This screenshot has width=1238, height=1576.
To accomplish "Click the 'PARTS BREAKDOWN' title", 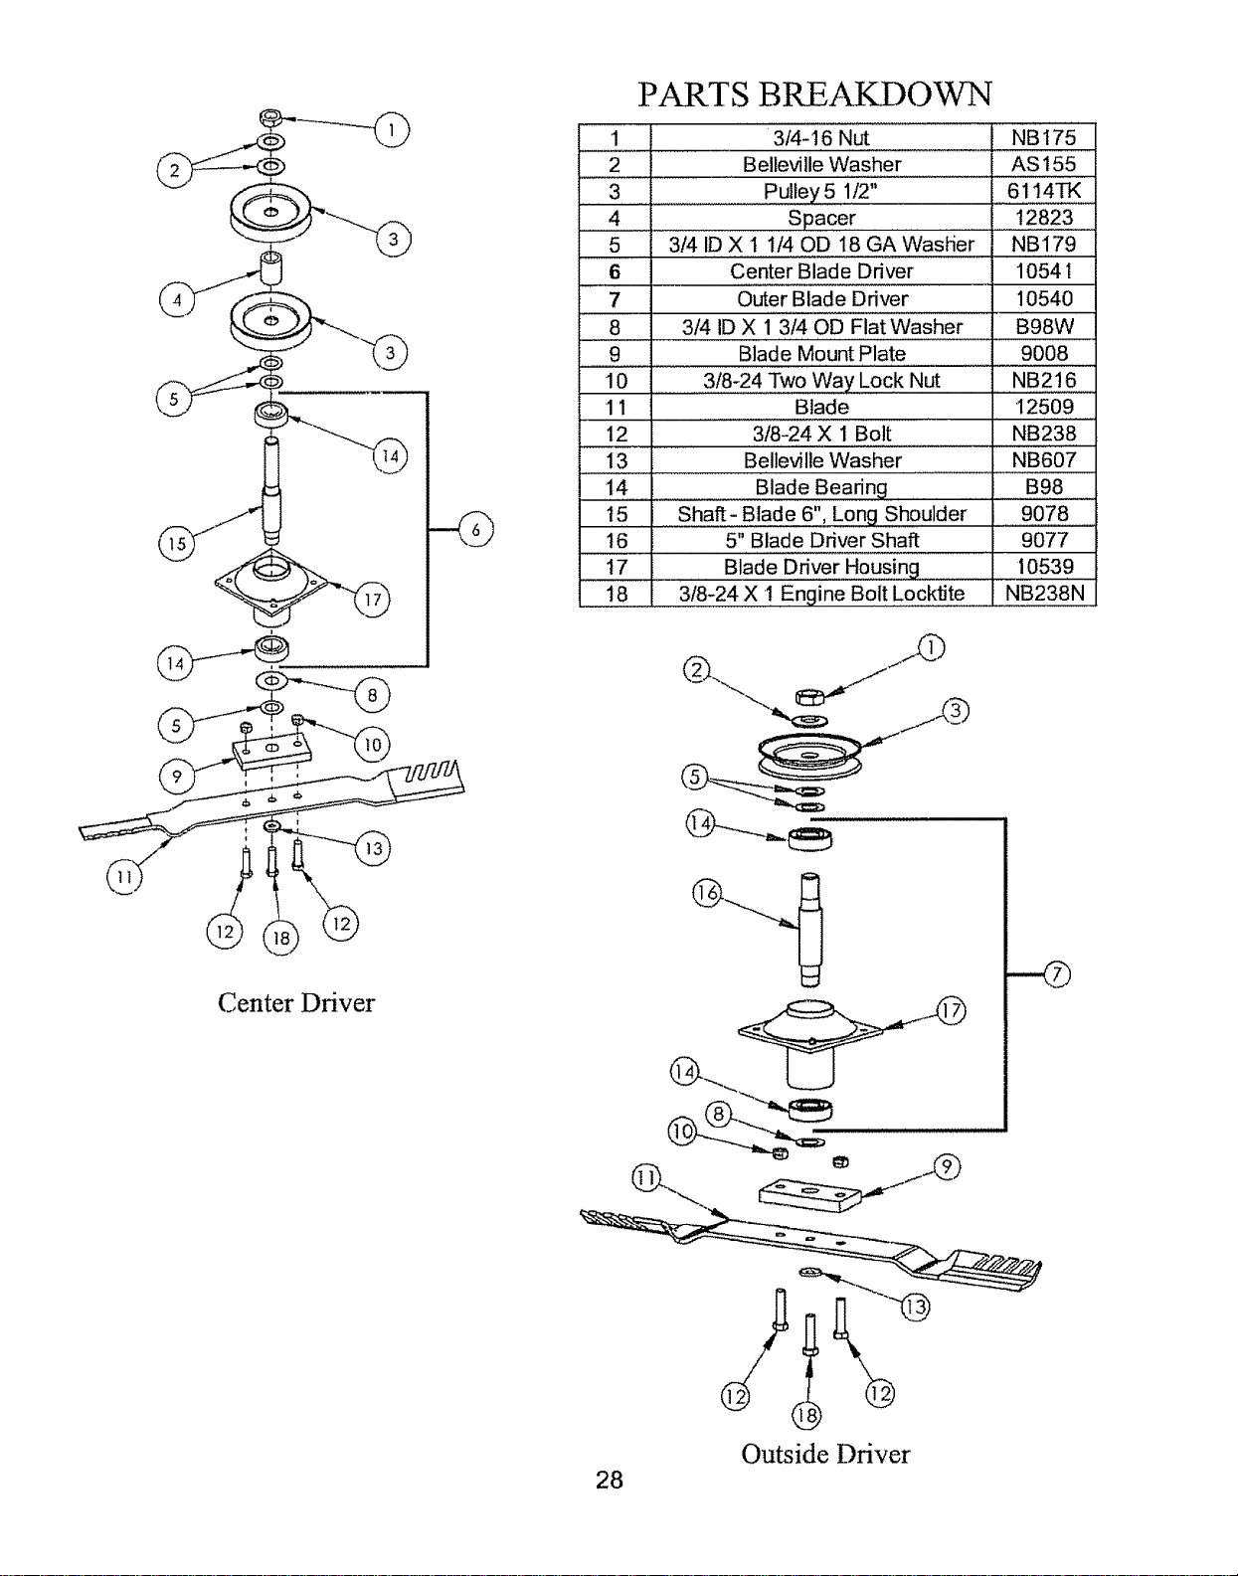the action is (814, 94).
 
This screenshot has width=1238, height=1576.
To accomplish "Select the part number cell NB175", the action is (1044, 138).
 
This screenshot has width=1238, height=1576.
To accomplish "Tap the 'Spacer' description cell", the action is (821, 218).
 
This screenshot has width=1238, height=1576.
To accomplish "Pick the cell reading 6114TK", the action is (1044, 191).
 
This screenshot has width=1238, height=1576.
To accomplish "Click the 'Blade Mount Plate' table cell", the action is (821, 353).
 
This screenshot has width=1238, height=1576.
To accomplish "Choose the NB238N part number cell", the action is (1044, 594).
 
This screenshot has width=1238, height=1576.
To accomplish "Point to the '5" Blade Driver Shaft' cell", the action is (821, 540).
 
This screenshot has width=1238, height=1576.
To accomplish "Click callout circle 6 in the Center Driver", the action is (475, 529).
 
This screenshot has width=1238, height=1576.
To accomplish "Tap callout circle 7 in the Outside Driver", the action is (1057, 974).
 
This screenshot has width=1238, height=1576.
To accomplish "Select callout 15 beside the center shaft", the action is (176, 543).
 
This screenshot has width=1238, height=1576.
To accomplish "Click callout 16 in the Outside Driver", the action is (706, 892).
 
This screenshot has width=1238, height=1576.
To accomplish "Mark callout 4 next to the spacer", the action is (177, 299).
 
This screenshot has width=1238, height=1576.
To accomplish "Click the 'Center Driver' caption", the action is (296, 1003).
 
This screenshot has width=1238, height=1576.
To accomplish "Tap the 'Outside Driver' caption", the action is (825, 1454).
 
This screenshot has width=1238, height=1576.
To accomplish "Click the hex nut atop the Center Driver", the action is (270, 116).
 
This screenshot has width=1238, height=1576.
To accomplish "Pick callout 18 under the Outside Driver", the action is (805, 1415).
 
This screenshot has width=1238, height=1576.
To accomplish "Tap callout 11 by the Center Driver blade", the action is (124, 877).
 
